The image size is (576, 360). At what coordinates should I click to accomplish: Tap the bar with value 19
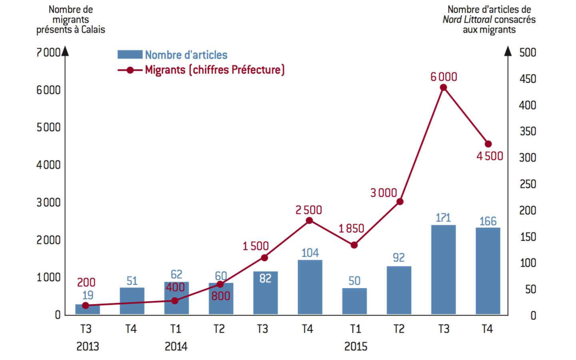(x=88, y=310)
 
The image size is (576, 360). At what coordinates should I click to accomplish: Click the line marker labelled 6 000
(x=443, y=87)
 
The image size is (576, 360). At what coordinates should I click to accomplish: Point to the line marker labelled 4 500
(x=488, y=144)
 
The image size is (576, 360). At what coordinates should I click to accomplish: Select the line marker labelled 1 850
(x=354, y=245)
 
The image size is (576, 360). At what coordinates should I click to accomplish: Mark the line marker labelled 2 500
(x=309, y=220)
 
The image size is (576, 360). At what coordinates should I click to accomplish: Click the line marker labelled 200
(x=85, y=306)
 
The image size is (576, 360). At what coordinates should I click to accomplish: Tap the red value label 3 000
(x=383, y=193)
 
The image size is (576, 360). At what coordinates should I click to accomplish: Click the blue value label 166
(x=488, y=221)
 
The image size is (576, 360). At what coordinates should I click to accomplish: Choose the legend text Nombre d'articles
(x=186, y=55)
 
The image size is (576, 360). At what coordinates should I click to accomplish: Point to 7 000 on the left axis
(x=48, y=52)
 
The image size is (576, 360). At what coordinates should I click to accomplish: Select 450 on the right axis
(x=528, y=79)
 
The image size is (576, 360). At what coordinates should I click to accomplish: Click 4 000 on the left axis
(x=48, y=165)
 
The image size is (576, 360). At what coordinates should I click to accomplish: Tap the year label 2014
(x=176, y=346)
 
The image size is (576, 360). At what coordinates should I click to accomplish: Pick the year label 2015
(x=356, y=346)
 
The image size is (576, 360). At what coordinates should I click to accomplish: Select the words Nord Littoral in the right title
(x=467, y=20)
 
